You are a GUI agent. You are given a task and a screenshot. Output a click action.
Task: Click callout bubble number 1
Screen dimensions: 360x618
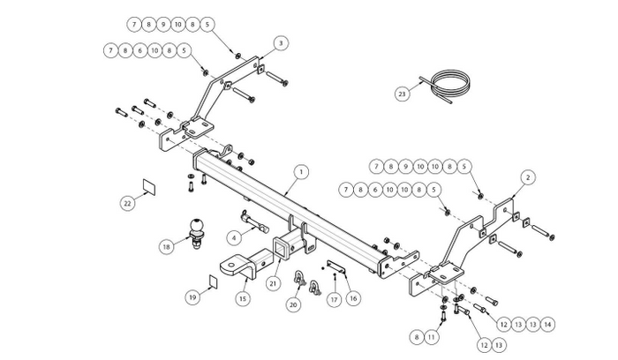300,171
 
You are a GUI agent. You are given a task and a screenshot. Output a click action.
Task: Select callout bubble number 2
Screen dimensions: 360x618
527,177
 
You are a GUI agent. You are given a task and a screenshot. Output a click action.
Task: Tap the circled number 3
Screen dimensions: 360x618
280,42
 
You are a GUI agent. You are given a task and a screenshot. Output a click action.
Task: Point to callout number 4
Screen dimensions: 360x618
233,236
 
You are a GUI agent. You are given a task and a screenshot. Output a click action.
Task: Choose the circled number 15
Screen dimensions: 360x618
242,299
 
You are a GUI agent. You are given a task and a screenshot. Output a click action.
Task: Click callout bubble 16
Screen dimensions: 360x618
352,298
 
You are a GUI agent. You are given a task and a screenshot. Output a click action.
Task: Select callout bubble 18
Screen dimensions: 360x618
164,247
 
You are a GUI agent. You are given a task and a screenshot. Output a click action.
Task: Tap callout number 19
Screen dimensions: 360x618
192,297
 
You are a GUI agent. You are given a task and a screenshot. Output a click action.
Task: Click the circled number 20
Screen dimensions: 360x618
293,304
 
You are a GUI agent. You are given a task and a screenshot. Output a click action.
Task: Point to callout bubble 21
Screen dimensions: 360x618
274,282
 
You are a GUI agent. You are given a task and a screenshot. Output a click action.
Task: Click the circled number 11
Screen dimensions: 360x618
431,336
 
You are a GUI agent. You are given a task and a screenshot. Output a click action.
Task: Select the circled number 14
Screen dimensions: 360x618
549,325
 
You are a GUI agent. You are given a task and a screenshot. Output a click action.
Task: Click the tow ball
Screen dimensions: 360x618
194,229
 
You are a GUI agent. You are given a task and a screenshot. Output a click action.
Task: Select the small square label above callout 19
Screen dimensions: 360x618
213,281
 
